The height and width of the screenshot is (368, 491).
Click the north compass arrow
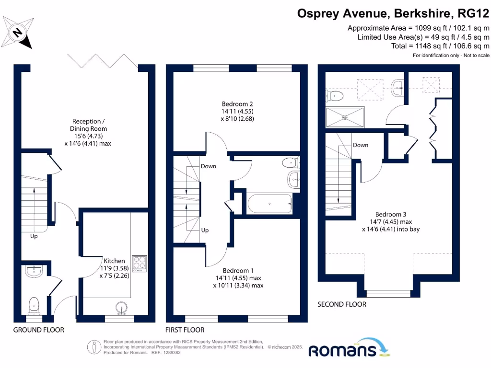[x=18, y=33]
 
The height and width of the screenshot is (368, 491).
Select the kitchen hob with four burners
[x=139, y=264]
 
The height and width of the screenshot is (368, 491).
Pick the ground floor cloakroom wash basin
[x=34, y=272]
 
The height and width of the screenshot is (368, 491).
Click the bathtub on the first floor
[x=269, y=204]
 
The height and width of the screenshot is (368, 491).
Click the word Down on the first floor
[x=209, y=166]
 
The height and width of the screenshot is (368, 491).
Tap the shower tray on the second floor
[x=345, y=117]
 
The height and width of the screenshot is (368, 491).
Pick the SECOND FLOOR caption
[x=342, y=304]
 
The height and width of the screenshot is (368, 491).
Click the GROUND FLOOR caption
[x=38, y=330]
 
